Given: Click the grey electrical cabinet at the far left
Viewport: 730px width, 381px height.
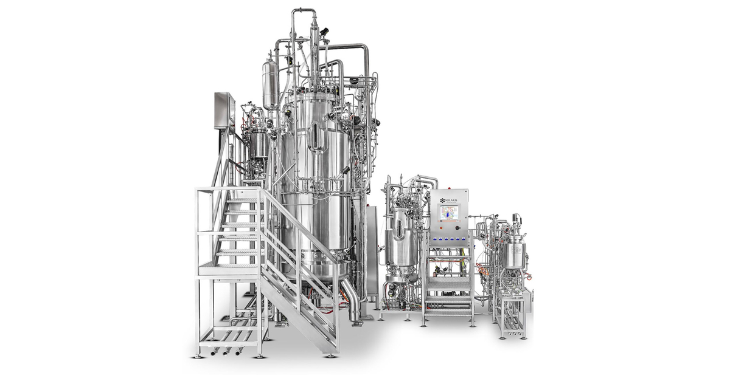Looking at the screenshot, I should point(223,110).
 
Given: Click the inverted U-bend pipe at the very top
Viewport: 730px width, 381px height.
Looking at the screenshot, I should point(303,12).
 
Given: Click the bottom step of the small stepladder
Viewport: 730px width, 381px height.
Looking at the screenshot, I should point(448,309).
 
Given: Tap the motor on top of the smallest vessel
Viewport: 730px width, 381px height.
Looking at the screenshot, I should point(516,220).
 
